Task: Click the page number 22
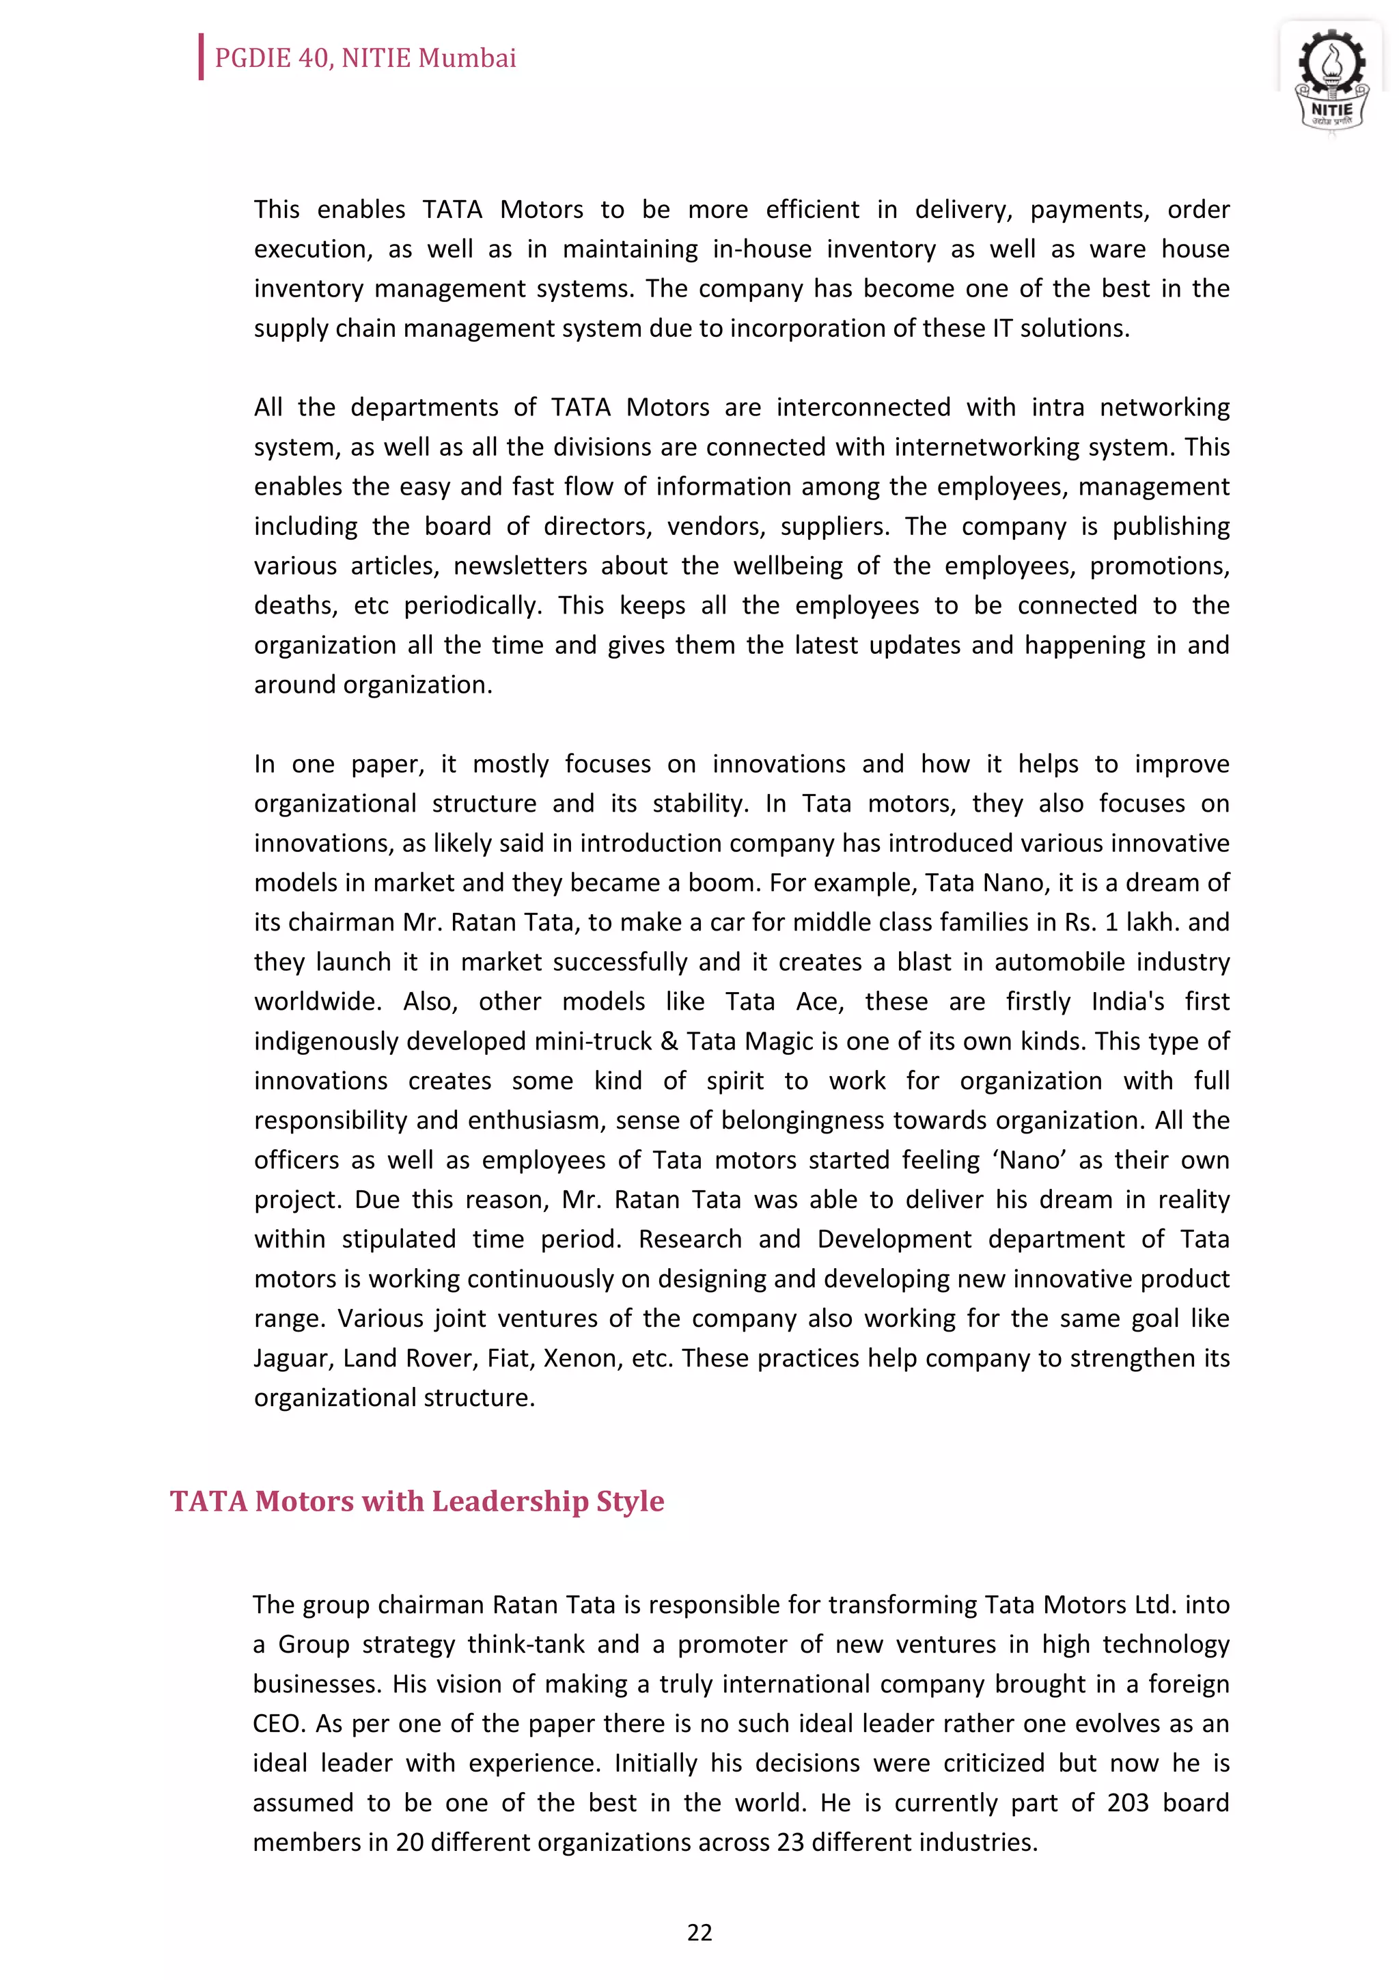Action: pos(699,1933)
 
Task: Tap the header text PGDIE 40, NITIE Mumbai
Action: pos(365,58)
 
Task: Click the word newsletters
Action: pos(520,566)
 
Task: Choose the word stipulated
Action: pos(398,1239)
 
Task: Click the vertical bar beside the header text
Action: pos(201,57)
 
